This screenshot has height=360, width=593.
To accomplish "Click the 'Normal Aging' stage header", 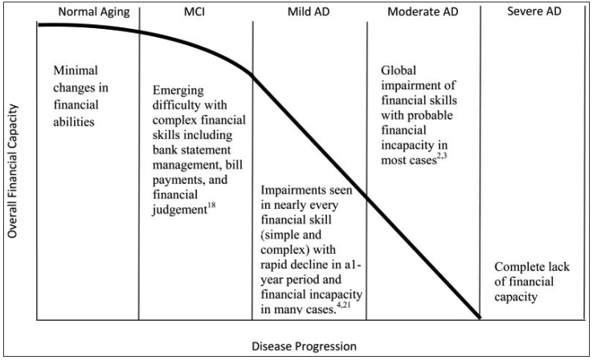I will tap(87, 13).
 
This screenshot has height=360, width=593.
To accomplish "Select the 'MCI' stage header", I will tap(195, 13).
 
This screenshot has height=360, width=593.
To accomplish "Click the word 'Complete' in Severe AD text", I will tap(521, 267).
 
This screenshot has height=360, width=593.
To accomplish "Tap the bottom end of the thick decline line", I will tap(480, 317).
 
